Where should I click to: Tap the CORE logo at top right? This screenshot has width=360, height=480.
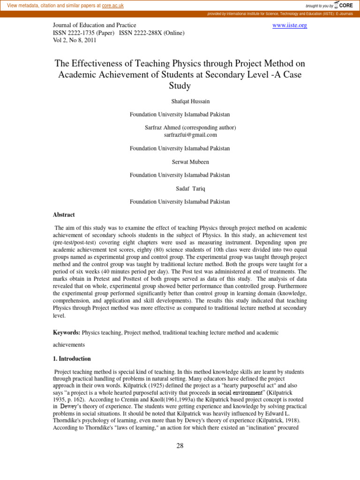point(345,5)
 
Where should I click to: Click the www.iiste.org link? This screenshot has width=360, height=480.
point(290,25)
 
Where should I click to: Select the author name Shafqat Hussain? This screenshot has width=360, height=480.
point(180,101)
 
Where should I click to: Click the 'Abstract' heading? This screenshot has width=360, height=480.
point(64,215)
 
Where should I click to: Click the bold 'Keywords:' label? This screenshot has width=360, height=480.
point(67,332)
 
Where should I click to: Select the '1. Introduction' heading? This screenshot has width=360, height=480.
point(72,359)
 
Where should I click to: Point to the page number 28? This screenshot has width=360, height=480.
point(180,446)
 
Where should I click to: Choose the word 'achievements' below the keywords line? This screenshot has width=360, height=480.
point(69,344)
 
